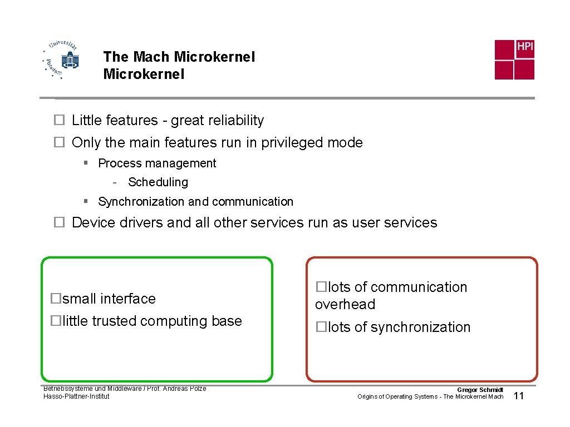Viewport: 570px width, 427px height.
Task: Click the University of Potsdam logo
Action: (61, 60)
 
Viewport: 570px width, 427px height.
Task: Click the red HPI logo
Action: (514, 59)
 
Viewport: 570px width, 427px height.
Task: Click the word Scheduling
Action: (158, 182)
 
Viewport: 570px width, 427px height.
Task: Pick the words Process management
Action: (157, 163)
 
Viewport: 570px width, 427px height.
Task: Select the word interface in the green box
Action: (130, 299)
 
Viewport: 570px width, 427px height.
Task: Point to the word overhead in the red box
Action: (345, 305)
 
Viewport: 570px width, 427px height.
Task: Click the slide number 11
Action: (519, 396)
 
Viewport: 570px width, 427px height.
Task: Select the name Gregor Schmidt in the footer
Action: (480, 390)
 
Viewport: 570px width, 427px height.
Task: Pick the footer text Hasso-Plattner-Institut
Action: (76, 396)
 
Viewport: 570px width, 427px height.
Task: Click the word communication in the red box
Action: (419, 287)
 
